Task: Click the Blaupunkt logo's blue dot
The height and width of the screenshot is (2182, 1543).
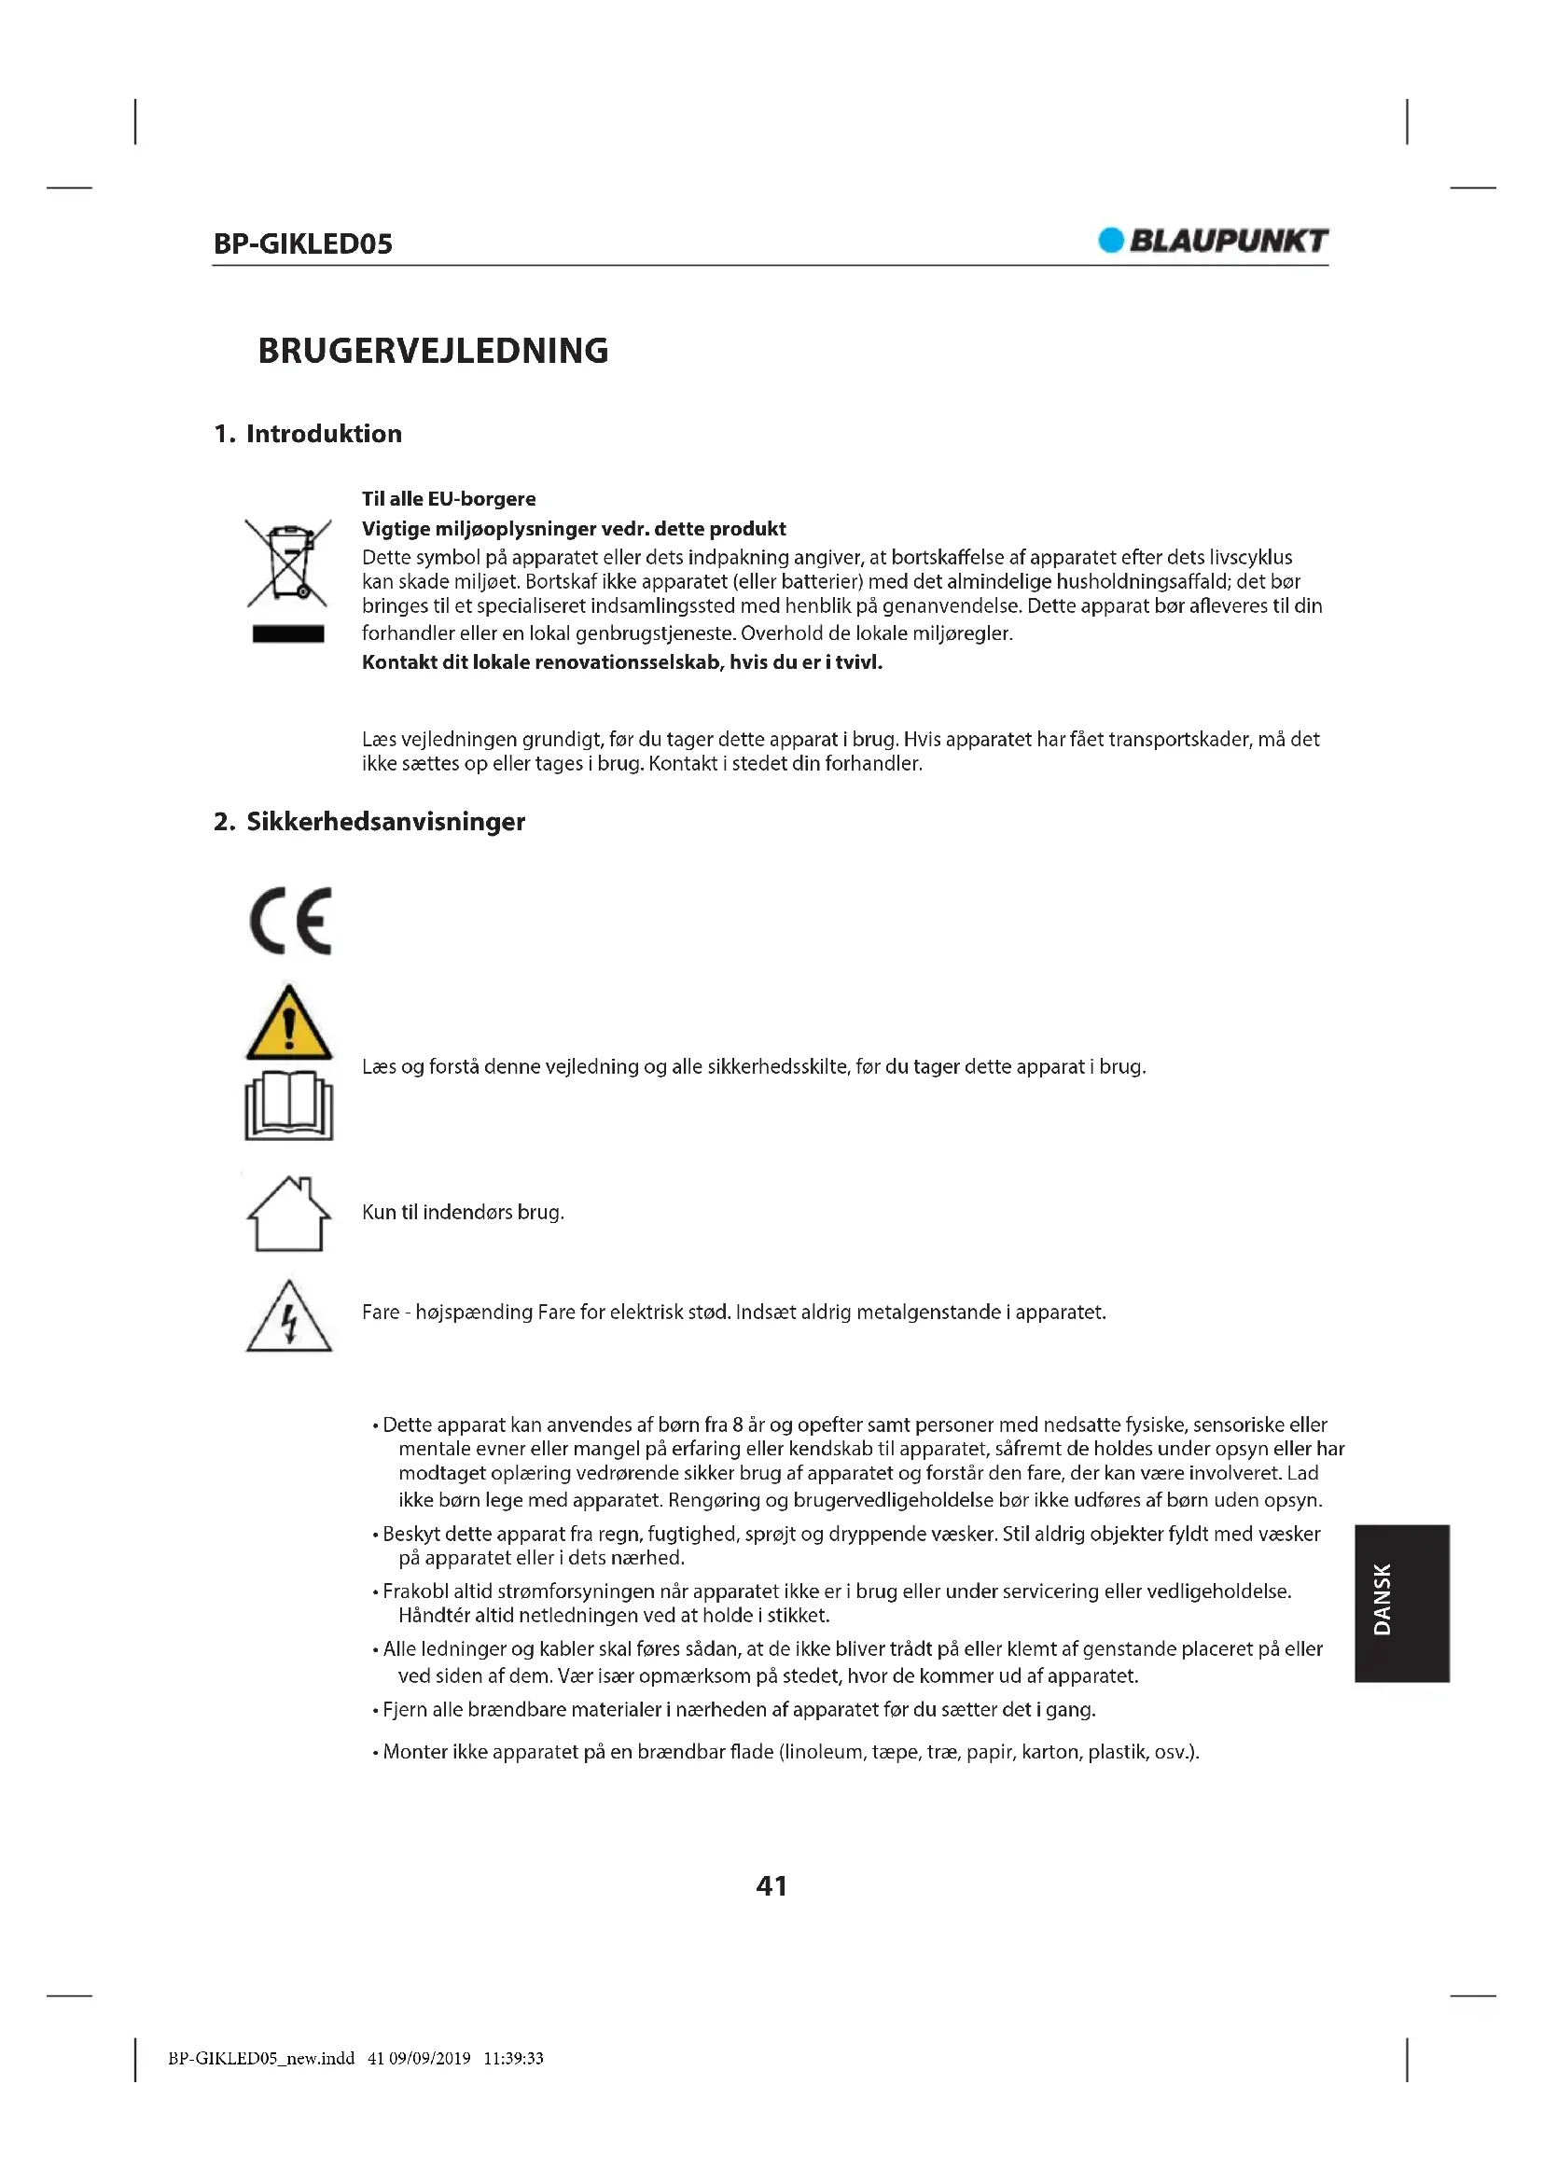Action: tap(1110, 241)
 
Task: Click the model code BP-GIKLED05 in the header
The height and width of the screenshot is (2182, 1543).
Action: tap(302, 244)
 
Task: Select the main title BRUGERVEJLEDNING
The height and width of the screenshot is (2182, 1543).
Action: tap(432, 351)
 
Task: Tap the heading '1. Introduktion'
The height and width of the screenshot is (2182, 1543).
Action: tap(307, 434)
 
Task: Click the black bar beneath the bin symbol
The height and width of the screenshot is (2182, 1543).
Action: tap(288, 633)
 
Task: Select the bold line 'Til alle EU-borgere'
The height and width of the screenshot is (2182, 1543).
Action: tap(449, 499)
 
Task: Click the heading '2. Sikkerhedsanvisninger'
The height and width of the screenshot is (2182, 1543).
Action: tap(368, 821)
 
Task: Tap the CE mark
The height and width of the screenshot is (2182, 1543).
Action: tap(291, 921)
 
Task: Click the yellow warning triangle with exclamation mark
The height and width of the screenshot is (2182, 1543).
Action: tap(289, 1024)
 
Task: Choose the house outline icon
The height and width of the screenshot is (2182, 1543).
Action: tap(289, 1214)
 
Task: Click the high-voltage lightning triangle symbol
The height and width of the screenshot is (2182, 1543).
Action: tap(289, 1318)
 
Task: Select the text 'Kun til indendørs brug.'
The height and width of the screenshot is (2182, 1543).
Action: tap(463, 1212)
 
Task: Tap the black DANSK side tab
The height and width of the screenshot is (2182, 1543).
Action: tap(1401, 1604)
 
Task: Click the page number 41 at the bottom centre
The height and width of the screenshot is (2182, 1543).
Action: tap(771, 1886)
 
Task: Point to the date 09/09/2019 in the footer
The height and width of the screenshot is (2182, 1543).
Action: tap(429, 2059)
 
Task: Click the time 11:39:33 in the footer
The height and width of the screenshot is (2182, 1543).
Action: tap(513, 2059)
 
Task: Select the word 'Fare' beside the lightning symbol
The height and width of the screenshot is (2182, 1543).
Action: tap(380, 1313)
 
